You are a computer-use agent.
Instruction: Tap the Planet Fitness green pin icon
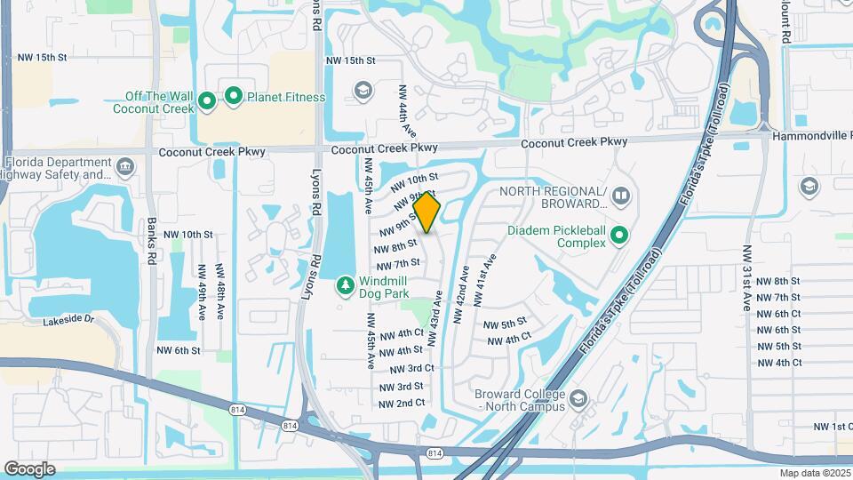pyautogui.click(x=234, y=96)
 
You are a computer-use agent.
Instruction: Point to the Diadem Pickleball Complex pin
pyautogui.click(x=619, y=236)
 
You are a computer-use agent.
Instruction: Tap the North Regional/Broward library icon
pyautogui.click(x=621, y=194)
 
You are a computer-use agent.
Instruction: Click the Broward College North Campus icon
pyautogui.click(x=579, y=396)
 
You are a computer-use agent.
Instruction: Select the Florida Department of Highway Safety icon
pyautogui.click(x=124, y=164)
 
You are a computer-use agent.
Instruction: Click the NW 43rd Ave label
pyautogui.click(x=437, y=312)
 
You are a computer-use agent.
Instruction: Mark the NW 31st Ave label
pyautogui.click(x=747, y=266)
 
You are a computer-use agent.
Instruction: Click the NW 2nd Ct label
pyautogui.click(x=402, y=404)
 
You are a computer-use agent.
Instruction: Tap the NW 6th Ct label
pyautogui.click(x=778, y=314)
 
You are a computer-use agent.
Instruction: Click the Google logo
pyautogui.click(x=29, y=469)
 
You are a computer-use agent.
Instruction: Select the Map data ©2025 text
pyautogui.click(x=815, y=473)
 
